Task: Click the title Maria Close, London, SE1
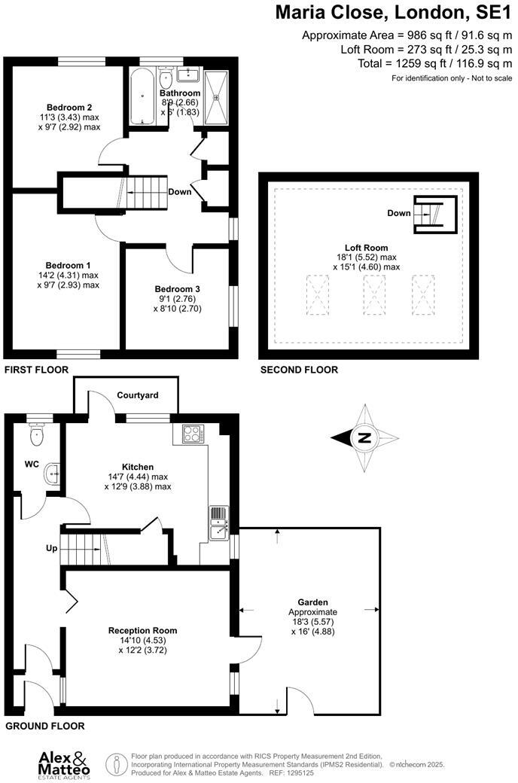(x=392, y=13)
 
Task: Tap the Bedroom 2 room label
(x=69, y=106)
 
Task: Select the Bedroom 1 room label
(x=69, y=265)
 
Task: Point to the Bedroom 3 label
(x=178, y=289)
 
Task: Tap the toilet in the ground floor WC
(x=36, y=434)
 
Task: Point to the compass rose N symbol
(x=364, y=438)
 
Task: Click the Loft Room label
(x=365, y=248)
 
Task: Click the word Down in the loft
(x=399, y=213)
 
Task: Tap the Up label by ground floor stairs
(x=52, y=548)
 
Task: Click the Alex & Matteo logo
(x=64, y=763)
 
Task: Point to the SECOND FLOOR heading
(x=299, y=370)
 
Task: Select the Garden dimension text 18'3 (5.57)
(x=312, y=621)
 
